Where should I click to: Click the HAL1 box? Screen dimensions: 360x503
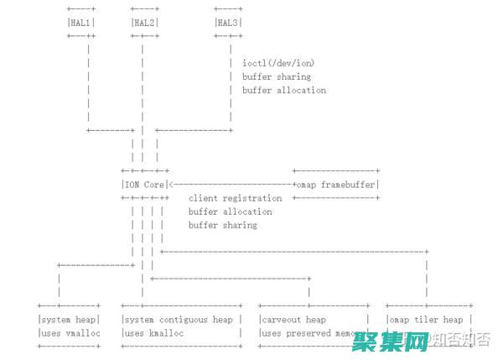pos(80,23)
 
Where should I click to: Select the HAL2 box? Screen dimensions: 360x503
pos(144,23)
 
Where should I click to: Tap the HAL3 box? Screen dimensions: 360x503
pos(228,23)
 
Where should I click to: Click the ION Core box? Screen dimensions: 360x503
pos(143,185)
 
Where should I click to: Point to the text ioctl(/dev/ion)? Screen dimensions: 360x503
pos(278,63)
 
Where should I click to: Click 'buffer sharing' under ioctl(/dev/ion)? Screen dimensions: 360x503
pos(276,76)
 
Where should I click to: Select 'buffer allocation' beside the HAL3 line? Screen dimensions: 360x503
pos(284,90)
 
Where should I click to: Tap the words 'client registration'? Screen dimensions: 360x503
pos(235,198)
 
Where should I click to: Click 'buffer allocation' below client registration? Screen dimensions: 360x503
pos(230,211)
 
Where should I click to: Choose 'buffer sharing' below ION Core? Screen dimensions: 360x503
pos(222,225)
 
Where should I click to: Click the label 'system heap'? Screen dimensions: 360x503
pos(68,320)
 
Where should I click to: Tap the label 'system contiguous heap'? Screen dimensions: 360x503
pos(179,320)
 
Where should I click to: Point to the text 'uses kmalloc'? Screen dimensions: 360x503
pos(154,333)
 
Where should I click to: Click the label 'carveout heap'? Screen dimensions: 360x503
pos(293,320)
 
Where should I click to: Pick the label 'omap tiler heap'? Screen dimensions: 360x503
pos(426,320)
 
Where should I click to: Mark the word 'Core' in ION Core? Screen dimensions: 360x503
pos(153,185)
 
